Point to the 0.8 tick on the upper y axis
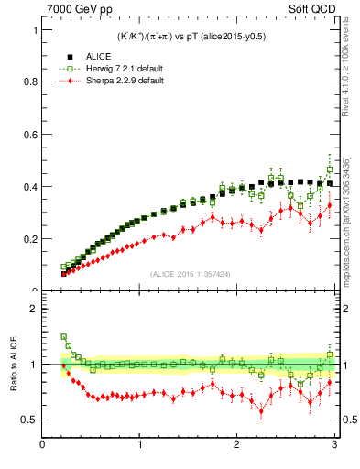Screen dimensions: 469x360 click(x=31, y=82)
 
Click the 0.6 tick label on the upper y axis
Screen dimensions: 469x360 click(x=31, y=134)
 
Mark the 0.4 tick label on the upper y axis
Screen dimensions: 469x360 click(x=31, y=186)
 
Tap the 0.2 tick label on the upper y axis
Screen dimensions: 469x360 click(x=31, y=238)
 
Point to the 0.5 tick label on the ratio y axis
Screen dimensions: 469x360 click(x=31, y=420)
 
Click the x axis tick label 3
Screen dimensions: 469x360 click(x=333, y=446)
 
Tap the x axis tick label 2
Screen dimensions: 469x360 click(x=236, y=446)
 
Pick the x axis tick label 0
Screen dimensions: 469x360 click(x=42, y=446)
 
